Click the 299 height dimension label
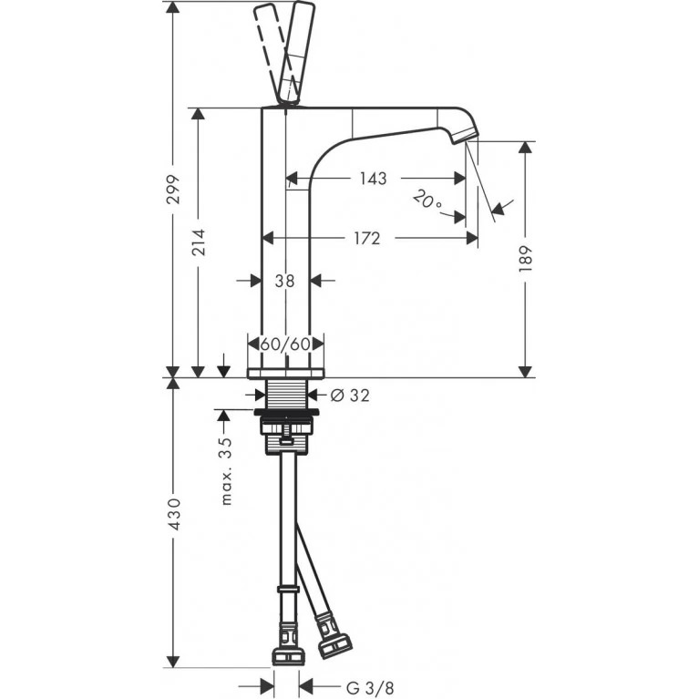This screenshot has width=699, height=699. click(x=172, y=190)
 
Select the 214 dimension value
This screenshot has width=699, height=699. click(x=199, y=242)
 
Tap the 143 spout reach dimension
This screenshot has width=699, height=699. click(x=373, y=179)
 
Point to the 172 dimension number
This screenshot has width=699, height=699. click(x=367, y=239)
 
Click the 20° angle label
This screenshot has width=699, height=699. click(x=427, y=200)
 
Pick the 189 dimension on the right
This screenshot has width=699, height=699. click(x=526, y=259)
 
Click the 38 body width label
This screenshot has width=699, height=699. click(x=284, y=281)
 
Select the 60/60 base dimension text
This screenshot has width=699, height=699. click(x=285, y=344)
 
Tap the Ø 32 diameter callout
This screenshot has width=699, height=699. click(x=350, y=395)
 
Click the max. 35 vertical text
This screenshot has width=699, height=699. click(x=226, y=471)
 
